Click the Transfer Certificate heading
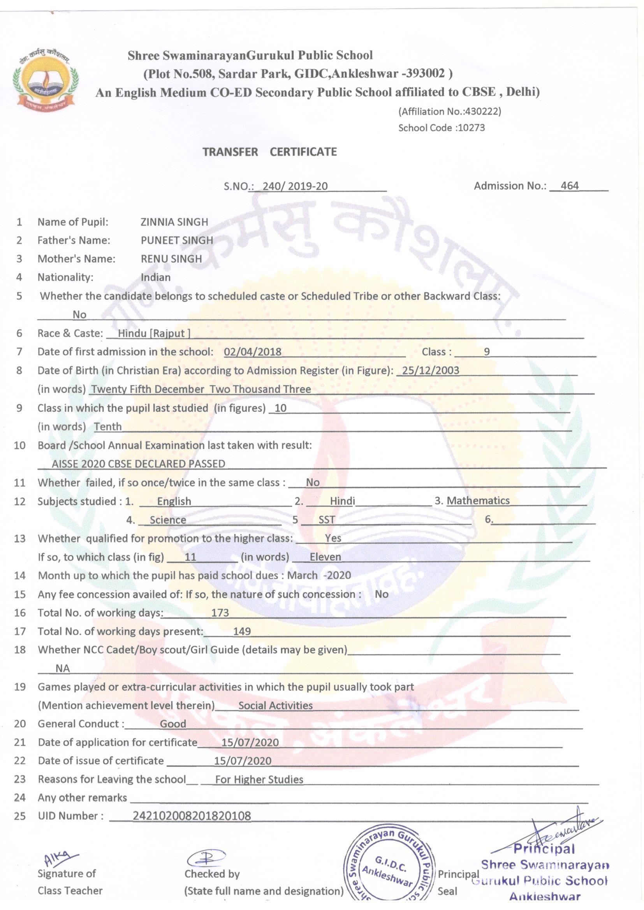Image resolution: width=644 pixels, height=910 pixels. tap(270, 152)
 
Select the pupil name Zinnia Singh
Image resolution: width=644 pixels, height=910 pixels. tap(174, 222)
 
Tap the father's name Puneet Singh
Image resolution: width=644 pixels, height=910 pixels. tap(177, 240)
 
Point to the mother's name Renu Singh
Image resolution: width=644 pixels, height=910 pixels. tap(171, 259)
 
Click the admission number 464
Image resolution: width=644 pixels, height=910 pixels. tap(570, 186)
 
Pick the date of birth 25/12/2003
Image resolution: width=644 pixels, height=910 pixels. tap(430, 370)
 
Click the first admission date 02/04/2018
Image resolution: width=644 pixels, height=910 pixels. tap(253, 351)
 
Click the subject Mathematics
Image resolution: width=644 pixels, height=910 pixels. tap(478, 501)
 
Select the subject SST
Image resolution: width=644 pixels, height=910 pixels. tap(327, 520)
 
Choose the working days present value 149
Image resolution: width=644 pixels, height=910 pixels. tap(242, 631)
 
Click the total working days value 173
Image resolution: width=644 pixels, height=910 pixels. tap(220, 613)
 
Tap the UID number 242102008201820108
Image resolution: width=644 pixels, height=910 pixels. tap(192, 816)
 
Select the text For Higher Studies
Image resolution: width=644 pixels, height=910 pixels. tap(259, 779)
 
